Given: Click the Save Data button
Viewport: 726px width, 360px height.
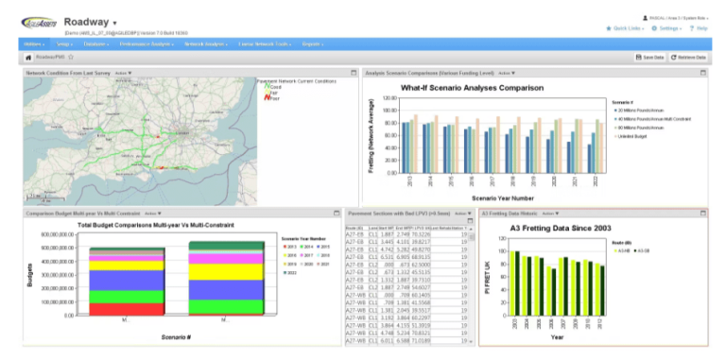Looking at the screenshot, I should click(649, 58).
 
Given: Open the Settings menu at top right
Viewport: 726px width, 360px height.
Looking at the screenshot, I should click(669, 28).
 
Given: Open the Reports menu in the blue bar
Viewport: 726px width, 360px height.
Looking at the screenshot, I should click(312, 43).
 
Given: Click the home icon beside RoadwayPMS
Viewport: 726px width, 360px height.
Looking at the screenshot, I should click(28, 58).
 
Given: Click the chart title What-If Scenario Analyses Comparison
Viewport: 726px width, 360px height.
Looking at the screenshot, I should click(472, 88).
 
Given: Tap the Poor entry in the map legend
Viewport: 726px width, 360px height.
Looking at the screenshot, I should click(274, 97).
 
